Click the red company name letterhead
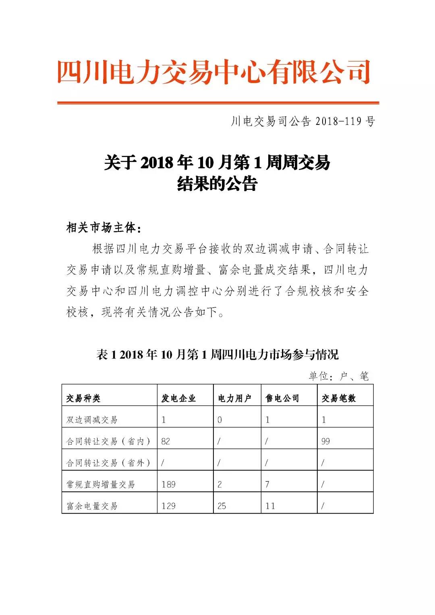point(213,72)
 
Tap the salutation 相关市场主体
point(104,228)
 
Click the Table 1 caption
point(217,354)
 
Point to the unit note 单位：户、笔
point(338,376)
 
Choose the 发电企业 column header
point(178,398)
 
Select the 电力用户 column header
point(234,398)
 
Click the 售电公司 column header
point(282,398)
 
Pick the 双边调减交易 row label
point(92,420)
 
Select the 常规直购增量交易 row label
point(101,484)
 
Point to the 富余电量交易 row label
point(92,506)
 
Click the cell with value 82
point(166,441)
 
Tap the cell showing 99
point(325,441)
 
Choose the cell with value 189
point(168,484)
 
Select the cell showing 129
point(168,506)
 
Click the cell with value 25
point(222,506)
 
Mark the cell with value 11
point(270,506)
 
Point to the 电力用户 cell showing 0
point(220,420)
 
